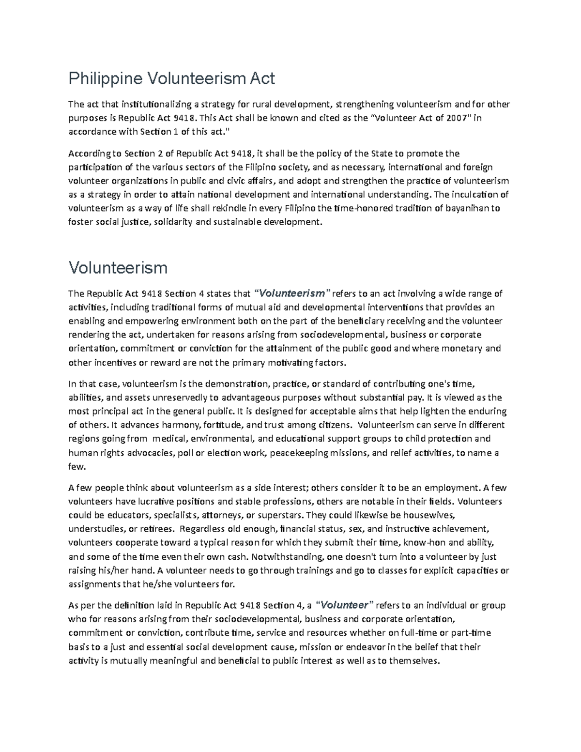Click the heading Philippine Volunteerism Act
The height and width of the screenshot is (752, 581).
click(x=171, y=78)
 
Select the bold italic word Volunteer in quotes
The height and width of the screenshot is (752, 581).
click(x=345, y=605)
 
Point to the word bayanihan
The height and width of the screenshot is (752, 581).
click(x=464, y=208)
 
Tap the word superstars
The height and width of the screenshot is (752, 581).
click(x=281, y=515)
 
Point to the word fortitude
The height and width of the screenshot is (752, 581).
click(x=223, y=425)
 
